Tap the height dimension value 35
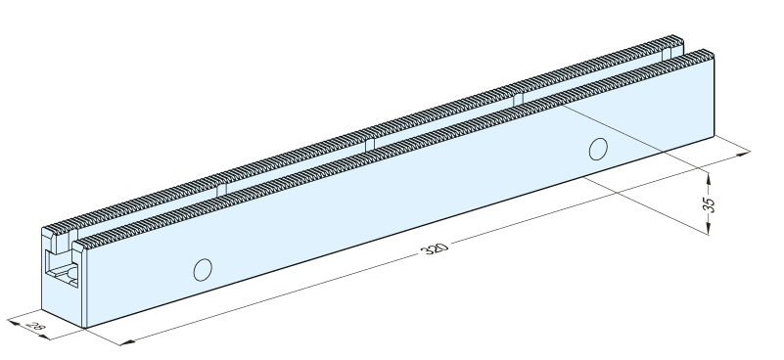[709, 205]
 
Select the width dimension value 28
[34, 327]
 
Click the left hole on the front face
[203, 270]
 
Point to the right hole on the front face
[598, 149]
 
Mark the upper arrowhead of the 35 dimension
[709, 178]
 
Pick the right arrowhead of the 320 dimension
[743, 154]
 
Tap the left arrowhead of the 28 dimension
[14, 323]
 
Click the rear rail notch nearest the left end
[221, 190]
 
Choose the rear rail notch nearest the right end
[667, 55]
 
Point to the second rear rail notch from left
[370, 145]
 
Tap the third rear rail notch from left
[519, 100]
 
